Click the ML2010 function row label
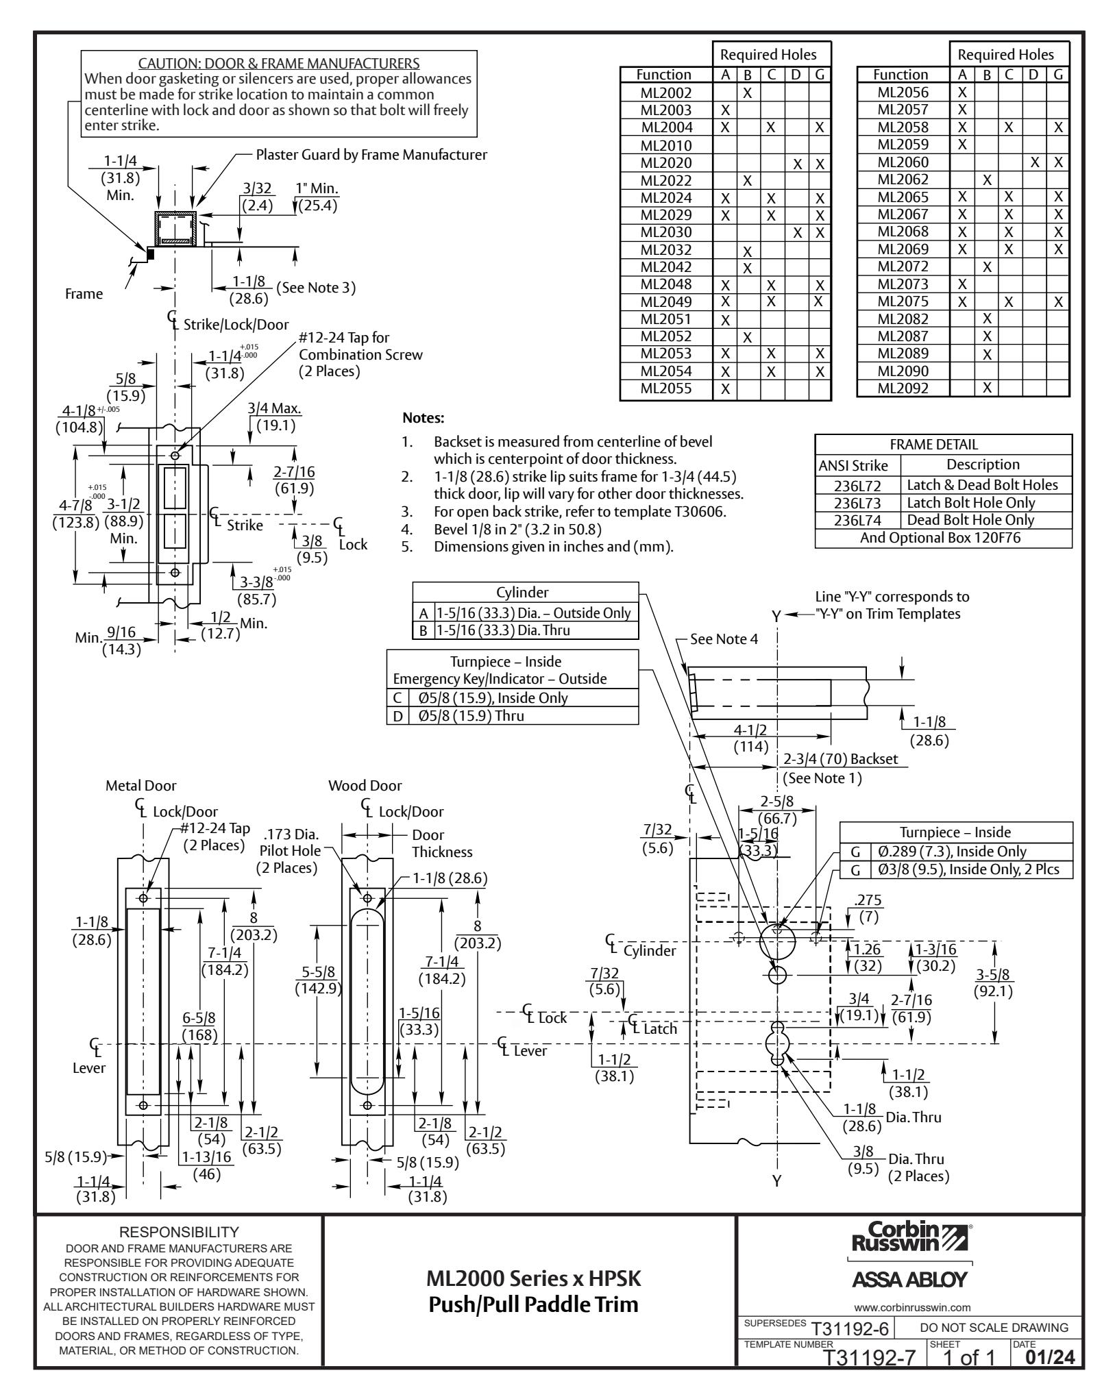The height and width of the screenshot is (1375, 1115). tap(666, 145)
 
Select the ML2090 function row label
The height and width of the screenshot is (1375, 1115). tap(903, 371)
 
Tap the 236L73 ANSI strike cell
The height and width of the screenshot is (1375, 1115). tap(857, 503)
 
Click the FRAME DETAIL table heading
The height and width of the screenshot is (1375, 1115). tap(943, 444)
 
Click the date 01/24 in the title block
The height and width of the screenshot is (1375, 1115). tap(1051, 1355)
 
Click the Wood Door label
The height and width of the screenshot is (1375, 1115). tap(365, 786)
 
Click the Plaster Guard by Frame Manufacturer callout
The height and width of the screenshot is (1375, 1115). tap(371, 155)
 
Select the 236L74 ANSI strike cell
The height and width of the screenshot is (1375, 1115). tap(857, 520)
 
